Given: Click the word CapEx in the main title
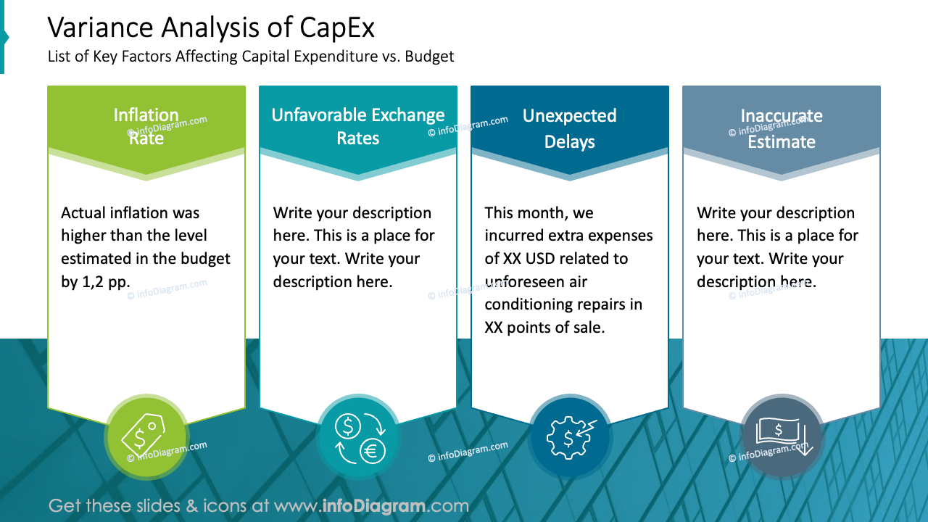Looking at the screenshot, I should (x=337, y=28).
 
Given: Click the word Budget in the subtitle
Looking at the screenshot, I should (x=429, y=57).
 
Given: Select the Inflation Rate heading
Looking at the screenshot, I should (x=146, y=126).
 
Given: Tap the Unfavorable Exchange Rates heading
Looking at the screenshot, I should (x=358, y=126).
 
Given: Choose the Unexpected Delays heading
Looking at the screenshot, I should (x=569, y=128).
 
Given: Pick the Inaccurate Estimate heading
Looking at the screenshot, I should (x=781, y=128).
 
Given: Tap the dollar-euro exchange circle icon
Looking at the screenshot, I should (x=358, y=437).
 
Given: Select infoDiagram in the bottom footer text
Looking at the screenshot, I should (x=371, y=506).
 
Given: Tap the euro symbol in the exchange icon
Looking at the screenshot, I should (x=372, y=451).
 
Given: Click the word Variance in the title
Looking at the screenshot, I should (x=100, y=28).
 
